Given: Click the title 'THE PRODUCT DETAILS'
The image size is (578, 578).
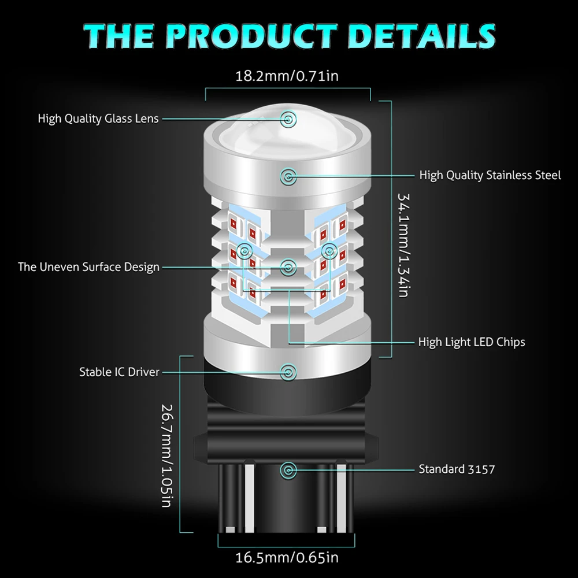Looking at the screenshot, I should (289, 35).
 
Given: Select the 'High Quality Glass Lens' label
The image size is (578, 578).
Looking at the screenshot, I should (98, 118).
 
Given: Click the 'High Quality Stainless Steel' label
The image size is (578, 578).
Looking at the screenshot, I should (490, 175).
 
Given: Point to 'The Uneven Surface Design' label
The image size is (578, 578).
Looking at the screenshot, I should (88, 266).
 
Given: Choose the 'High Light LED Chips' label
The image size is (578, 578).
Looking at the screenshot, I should (472, 342).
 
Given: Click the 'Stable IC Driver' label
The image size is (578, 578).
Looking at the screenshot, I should (119, 372).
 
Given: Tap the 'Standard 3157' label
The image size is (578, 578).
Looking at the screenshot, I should (457, 469).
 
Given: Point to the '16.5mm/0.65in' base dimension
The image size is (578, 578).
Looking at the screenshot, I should (287, 558).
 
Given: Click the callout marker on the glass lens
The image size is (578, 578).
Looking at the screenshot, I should (287, 119).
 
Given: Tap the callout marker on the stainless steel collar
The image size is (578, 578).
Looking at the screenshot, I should (287, 175).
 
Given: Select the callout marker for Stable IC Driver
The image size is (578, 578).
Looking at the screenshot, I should (287, 372).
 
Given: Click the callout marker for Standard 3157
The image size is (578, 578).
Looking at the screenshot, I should (287, 469).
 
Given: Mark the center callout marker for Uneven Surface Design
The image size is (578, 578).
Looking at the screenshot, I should (287, 266).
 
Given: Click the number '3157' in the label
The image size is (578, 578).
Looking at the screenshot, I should (481, 469).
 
